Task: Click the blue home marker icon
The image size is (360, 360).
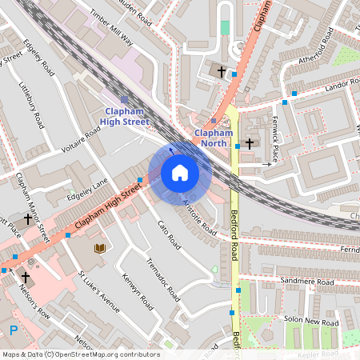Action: pyautogui.click(x=179, y=173)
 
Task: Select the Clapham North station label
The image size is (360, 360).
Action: pyautogui.click(x=213, y=138)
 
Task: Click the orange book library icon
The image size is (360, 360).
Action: pyautogui.click(x=100, y=249)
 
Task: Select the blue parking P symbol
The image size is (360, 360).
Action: pyautogui.click(x=13, y=329)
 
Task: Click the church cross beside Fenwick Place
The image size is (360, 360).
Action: pyautogui.click(x=250, y=143)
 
